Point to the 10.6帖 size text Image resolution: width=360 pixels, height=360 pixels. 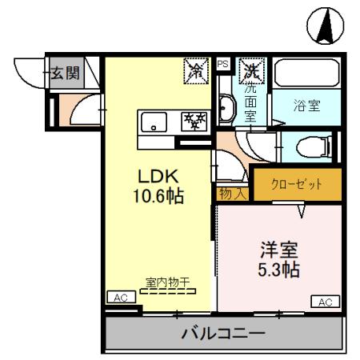point(158,195)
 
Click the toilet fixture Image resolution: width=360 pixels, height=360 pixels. point(310,147)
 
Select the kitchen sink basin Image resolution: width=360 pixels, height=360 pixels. point(152,122)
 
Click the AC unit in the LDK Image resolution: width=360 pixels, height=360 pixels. point(120,296)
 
